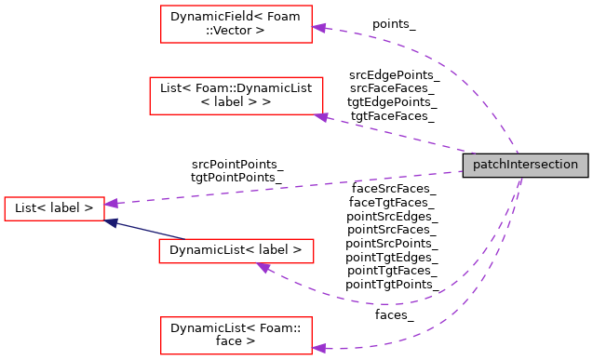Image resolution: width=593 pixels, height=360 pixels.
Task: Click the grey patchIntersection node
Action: tap(526, 165)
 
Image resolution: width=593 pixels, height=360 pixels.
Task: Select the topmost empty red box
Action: tap(236, 24)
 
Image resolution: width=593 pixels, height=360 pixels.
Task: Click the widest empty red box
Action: tap(236, 96)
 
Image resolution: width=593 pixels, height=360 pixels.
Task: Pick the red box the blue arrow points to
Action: tap(54, 208)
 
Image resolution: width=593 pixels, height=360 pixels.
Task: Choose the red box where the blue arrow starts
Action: tap(236, 251)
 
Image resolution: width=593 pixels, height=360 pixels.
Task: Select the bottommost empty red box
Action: tap(236, 336)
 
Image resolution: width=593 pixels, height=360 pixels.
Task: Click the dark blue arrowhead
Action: tap(112, 222)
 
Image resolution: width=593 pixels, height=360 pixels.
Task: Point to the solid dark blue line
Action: tap(149, 231)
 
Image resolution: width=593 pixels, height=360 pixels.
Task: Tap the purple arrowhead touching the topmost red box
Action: tap(318, 28)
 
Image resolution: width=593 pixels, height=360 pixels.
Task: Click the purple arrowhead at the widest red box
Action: tap(321, 117)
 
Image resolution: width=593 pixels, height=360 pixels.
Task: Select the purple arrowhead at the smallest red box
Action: tap(111, 203)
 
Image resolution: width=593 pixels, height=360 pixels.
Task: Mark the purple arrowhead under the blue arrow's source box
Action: tap(263, 268)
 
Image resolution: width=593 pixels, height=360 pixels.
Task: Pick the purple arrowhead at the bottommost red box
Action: tap(318, 348)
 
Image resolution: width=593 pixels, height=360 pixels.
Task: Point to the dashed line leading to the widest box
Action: tap(400, 135)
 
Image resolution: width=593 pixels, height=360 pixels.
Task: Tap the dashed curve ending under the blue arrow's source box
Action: tap(391, 303)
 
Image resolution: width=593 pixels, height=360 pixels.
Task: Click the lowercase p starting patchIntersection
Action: tap(477, 166)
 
